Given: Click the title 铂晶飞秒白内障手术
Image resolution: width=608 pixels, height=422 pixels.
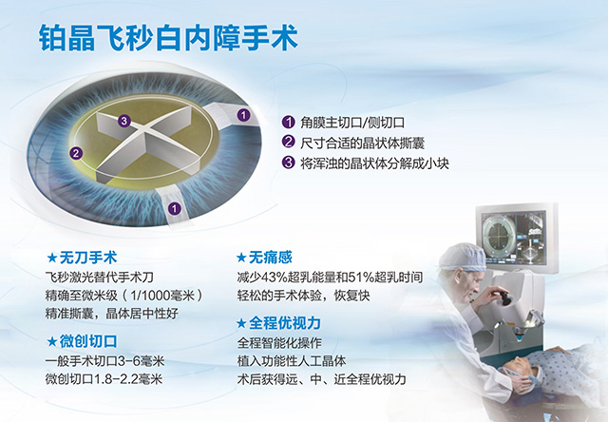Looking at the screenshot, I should click(x=168, y=40).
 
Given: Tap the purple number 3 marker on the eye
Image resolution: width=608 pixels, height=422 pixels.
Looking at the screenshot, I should click(x=123, y=121).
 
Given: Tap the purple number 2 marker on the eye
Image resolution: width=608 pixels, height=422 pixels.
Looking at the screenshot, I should click(x=77, y=152).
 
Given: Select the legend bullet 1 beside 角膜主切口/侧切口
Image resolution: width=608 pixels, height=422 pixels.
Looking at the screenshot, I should click(x=289, y=123).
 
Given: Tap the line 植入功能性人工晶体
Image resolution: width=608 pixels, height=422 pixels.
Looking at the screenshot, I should click(x=298, y=360).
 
